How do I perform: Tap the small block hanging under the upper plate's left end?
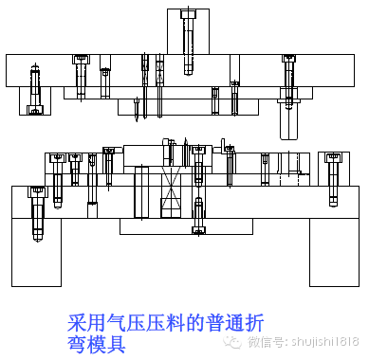click(x=35, y=101)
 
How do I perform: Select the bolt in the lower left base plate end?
click(x=38, y=210)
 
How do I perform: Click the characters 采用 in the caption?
click(x=86, y=323)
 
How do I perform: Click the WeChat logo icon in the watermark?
click(x=231, y=341)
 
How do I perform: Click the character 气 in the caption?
click(x=115, y=323)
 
